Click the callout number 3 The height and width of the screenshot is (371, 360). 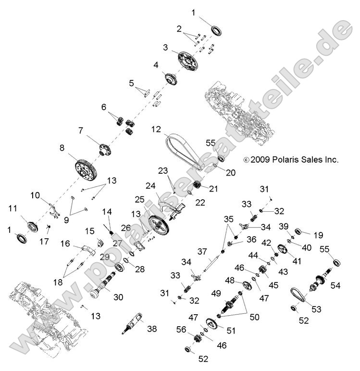click(165, 48)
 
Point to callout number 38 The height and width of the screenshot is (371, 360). click(152, 329)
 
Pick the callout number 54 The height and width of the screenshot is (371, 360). click(335, 285)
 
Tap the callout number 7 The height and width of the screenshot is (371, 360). click(81, 130)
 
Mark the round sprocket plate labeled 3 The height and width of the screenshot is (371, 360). click(186, 60)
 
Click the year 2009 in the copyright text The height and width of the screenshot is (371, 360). click(261, 160)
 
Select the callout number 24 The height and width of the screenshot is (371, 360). click(151, 185)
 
